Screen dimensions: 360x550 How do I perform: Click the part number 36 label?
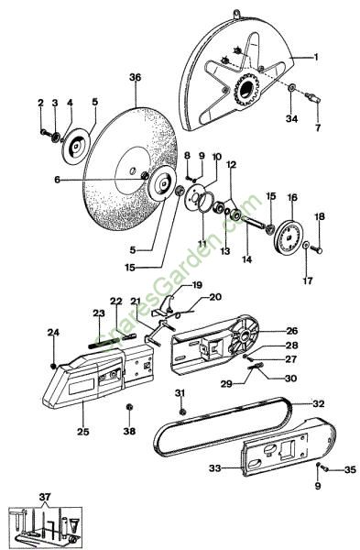[x=135, y=77]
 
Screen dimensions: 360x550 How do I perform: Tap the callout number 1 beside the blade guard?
[x=316, y=57]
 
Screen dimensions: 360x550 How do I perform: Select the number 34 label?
[x=291, y=119]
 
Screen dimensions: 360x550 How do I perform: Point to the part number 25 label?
[x=83, y=432]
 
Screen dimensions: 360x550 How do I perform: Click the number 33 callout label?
[x=215, y=467]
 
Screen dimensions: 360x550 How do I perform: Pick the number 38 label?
[x=129, y=431]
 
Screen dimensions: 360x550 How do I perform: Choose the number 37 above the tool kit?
[x=45, y=497]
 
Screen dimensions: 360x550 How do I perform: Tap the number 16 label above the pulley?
[x=292, y=197]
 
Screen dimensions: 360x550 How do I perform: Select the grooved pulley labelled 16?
[x=289, y=236]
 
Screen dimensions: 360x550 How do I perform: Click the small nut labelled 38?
[x=129, y=408]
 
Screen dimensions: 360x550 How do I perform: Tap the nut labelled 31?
[x=182, y=412]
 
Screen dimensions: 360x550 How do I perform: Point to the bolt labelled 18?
[x=318, y=249]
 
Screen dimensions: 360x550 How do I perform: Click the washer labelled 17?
[x=306, y=245]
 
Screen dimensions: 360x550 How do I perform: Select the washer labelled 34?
[x=291, y=87]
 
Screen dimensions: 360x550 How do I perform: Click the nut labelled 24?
[x=53, y=366]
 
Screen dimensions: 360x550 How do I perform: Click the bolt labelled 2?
[x=45, y=132]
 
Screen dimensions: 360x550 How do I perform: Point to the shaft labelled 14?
[x=254, y=224]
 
